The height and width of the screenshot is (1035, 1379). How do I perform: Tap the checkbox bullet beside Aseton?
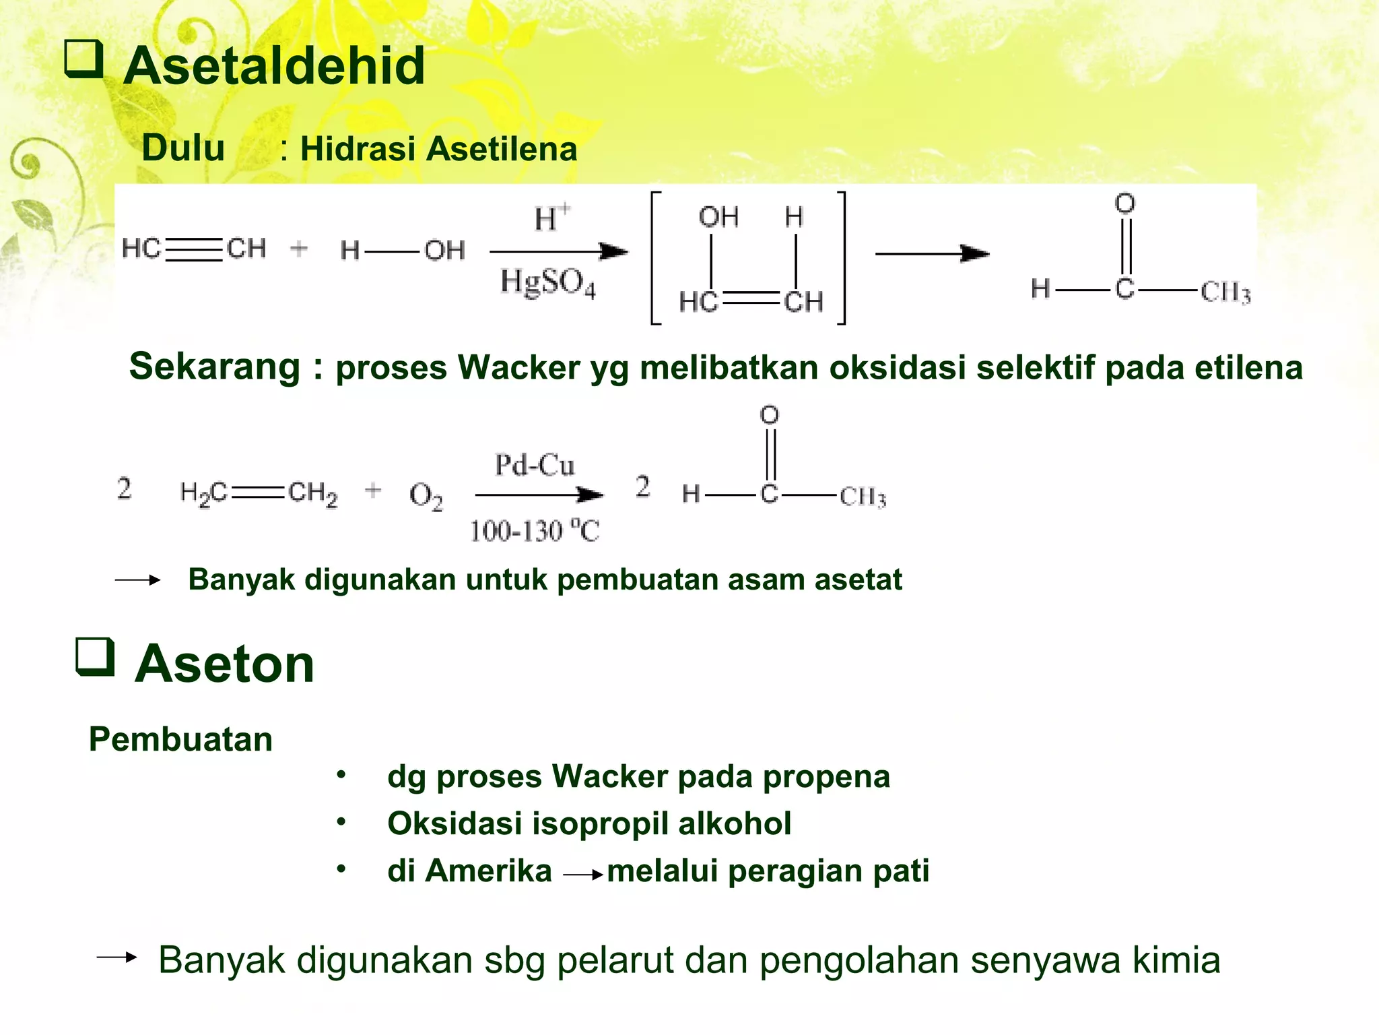(94, 656)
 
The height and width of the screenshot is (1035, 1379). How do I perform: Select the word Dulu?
(183, 148)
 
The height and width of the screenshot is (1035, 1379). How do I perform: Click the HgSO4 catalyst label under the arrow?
(547, 282)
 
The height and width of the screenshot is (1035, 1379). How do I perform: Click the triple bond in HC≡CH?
(194, 249)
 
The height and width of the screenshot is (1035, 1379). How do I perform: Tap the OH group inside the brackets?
(718, 217)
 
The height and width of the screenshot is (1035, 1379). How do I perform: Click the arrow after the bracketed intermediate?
(932, 254)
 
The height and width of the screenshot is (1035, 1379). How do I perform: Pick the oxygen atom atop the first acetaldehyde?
(1124, 203)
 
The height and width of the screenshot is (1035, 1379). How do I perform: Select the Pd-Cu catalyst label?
(535, 465)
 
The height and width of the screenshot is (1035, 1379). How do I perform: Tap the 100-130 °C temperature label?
(535, 531)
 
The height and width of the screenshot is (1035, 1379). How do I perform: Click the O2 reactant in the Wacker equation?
(426, 496)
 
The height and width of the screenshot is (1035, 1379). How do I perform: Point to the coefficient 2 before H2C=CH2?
(124, 489)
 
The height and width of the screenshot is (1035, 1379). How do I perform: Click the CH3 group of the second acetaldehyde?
(863, 497)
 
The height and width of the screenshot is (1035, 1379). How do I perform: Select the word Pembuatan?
(180, 739)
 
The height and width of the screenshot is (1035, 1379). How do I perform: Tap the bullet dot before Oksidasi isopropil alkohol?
(342, 822)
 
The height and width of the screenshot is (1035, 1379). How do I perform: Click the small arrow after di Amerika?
(582, 875)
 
